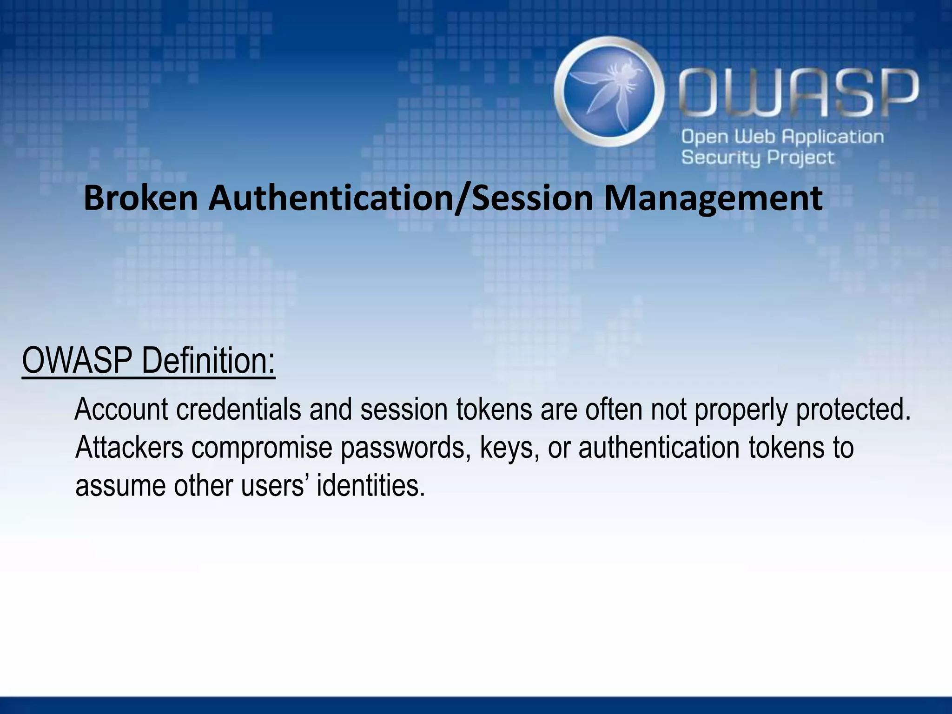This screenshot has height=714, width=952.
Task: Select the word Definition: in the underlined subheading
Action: pyautogui.click(x=208, y=361)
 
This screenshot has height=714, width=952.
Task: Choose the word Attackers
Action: pyautogui.click(x=129, y=448)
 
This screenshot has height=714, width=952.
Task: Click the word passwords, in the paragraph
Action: pyautogui.click(x=404, y=448)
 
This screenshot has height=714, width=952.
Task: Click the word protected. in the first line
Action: pyautogui.click(x=853, y=410)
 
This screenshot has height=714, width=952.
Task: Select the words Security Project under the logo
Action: pyautogui.click(x=758, y=158)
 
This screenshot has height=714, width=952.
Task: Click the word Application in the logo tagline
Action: pyautogui.click(x=833, y=137)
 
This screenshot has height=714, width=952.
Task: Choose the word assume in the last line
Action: pyautogui.click(x=120, y=487)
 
